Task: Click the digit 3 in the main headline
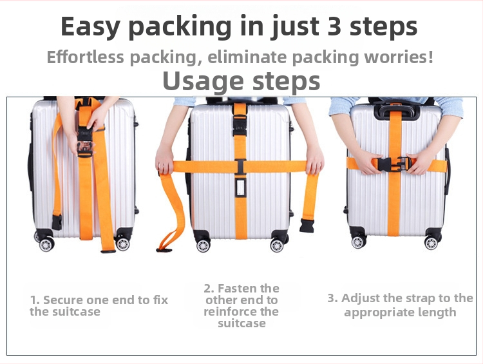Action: pos(334,26)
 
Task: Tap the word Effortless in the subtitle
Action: pos(85,57)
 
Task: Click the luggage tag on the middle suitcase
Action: pos(240,187)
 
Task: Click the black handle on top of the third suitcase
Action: pos(397,111)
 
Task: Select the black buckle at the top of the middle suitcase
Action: pos(240,125)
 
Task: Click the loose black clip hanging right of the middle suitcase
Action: pos(307,225)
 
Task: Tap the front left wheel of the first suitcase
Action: pos(47,244)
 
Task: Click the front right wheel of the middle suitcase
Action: pos(277,245)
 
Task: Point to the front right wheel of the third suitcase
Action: pos(431,243)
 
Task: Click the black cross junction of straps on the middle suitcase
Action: pos(240,167)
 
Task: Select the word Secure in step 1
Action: pos(63,300)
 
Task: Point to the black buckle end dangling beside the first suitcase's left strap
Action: pos(57,222)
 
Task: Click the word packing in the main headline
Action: pos(180,27)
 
